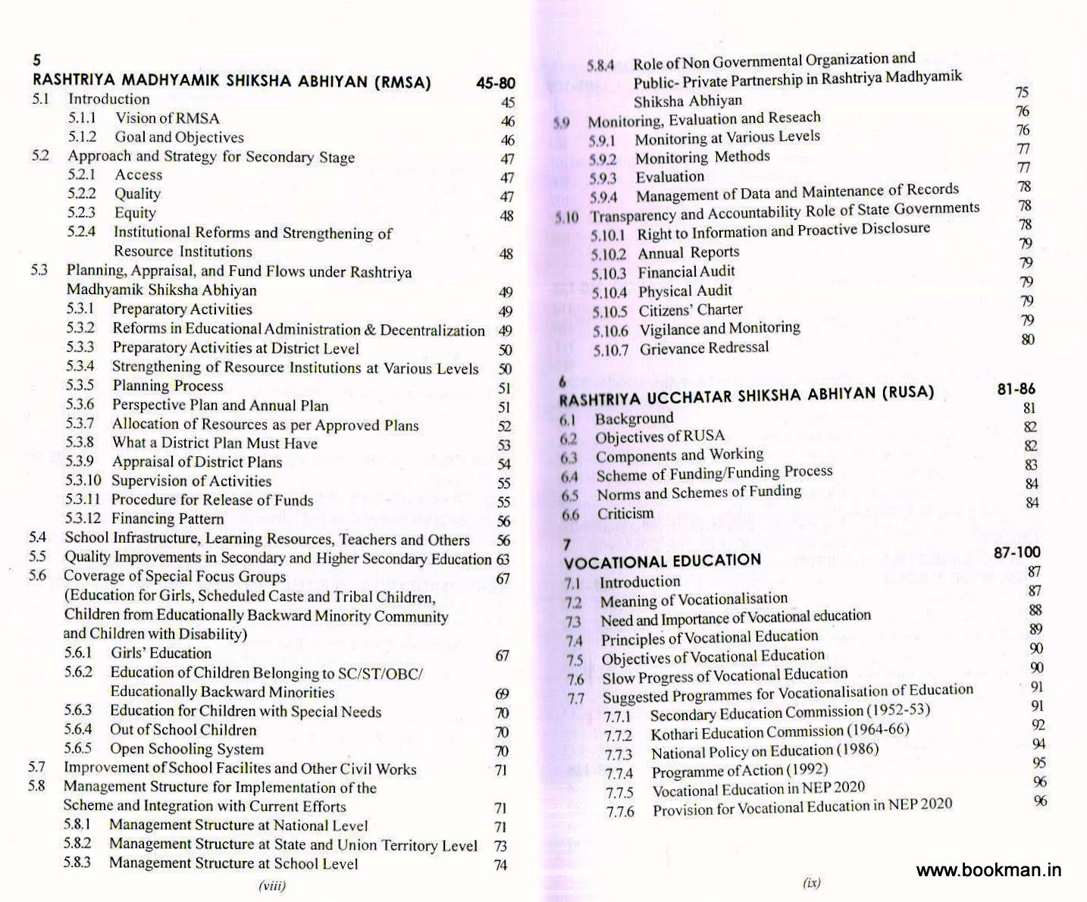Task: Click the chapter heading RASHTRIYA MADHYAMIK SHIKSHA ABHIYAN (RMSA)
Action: pos(232,81)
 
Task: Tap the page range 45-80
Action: pos(496,83)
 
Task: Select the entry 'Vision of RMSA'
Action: pos(167,118)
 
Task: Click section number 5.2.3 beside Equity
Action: pos(81,213)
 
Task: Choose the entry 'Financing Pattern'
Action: pos(168,518)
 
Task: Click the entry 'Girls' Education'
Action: pos(161,653)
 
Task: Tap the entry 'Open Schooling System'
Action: pos(187,749)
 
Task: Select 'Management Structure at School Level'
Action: pos(233,863)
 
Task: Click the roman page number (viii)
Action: pos(272,885)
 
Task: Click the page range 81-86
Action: pos(1016,389)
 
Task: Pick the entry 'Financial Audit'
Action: pos(687,272)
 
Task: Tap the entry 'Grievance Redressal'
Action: pos(704,348)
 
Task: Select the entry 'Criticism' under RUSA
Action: pos(625,514)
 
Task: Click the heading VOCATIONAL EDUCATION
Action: pos(663,561)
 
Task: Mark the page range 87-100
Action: pos(1017,553)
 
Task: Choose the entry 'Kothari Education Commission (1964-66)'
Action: pos(780,732)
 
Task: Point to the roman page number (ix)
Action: pos(811,882)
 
